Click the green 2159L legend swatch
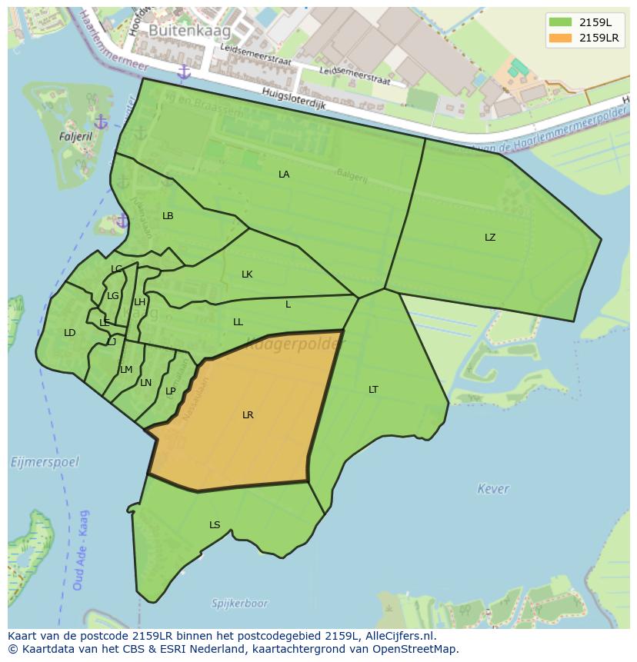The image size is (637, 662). coord(561,22)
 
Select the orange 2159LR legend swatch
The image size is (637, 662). coord(561,38)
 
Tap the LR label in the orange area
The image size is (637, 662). coord(248,415)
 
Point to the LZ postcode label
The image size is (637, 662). coord(490,238)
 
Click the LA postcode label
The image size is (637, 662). coord(284,175)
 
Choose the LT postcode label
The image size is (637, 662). coord(373,390)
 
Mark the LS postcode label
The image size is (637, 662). coord(215,525)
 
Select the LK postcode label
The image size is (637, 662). coord(247,274)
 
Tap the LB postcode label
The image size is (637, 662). coord(168,216)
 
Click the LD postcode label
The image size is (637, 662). coord(70,333)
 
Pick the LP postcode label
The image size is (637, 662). coord(171,391)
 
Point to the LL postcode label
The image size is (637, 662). coord(238,322)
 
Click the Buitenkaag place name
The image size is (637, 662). coord(179,30)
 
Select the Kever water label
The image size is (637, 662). coord(492,488)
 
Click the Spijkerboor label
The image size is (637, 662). coord(240,604)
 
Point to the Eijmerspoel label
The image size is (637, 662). coord(45,462)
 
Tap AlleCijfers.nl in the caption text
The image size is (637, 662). coord(397,636)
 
